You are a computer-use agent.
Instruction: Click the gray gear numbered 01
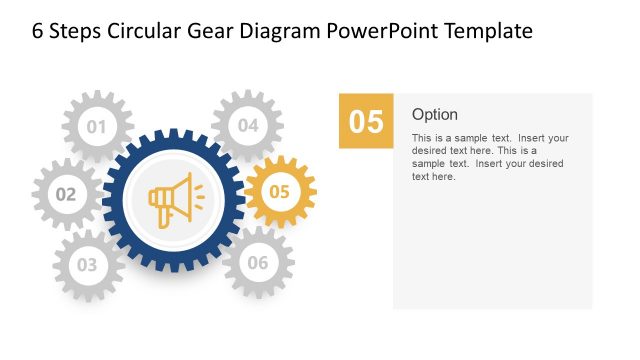(97, 126)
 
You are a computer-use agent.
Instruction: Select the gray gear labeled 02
(66, 194)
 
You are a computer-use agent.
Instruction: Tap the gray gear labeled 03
(88, 265)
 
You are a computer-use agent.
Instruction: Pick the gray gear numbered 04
(248, 126)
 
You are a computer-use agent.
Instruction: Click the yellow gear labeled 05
(280, 191)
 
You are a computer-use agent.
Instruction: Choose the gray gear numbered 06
(258, 263)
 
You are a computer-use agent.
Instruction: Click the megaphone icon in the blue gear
(172, 196)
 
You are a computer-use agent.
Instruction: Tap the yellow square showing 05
(366, 121)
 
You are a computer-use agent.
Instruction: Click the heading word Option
(435, 114)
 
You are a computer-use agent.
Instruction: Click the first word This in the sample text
(421, 138)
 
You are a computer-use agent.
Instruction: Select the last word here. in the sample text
(445, 177)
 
